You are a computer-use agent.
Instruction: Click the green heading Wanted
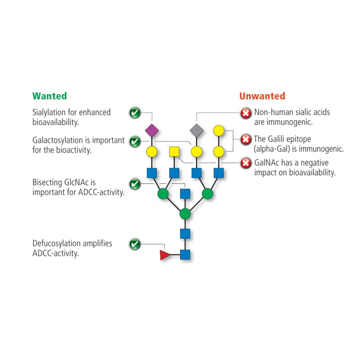[x=49, y=96]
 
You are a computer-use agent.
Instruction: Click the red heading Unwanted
[x=262, y=96]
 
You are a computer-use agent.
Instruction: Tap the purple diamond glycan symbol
[x=152, y=130]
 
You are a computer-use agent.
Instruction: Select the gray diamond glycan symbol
[x=196, y=130]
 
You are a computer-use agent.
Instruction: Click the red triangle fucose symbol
[x=164, y=255]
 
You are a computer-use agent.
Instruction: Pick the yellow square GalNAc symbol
[x=174, y=151]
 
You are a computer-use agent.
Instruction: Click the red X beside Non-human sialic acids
[x=245, y=112]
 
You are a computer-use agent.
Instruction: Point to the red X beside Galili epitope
[x=245, y=139]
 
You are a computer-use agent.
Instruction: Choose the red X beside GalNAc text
[x=245, y=162]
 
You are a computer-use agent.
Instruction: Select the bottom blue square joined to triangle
[x=185, y=255]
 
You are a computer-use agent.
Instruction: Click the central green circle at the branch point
[x=185, y=214]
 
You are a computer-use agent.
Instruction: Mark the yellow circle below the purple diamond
[x=152, y=151]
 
